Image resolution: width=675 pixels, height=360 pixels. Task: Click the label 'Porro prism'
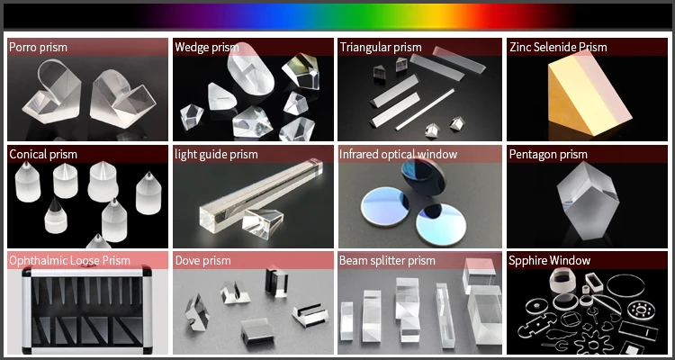pyautogui.click(x=39, y=47)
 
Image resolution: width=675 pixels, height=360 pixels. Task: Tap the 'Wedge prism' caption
pyautogui.click(x=207, y=47)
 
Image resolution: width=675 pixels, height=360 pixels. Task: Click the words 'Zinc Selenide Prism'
pyautogui.click(x=558, y=47)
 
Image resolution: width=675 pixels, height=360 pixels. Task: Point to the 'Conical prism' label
pyautogui.click(x=43, y=154)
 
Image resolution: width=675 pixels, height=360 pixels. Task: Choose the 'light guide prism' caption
pyautogui.click(x=216, y=154)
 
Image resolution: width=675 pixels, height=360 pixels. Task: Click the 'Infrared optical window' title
pyautogui.click(x=398, y=154)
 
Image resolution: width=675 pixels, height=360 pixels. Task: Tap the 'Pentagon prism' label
pyautogui.click(x=548, y=154)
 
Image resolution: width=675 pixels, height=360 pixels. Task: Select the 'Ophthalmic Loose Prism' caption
pyautogui.click(x=69, y=260)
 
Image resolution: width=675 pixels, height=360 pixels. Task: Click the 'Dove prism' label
pyautogui.click(x=202, y=260)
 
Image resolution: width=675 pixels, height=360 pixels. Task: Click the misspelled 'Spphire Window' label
pyautogui.click(x=549, y=260)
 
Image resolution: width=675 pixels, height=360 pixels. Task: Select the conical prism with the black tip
pyautogui.click(x=56, y=216)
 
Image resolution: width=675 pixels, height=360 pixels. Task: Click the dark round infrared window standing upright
pyautogui.click(x=423, y=176)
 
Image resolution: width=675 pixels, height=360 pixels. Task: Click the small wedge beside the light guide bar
pyautogui.click(x=262, y=224)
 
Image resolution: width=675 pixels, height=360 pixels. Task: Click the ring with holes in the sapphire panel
pyautogui.click(x=640, y=310)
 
